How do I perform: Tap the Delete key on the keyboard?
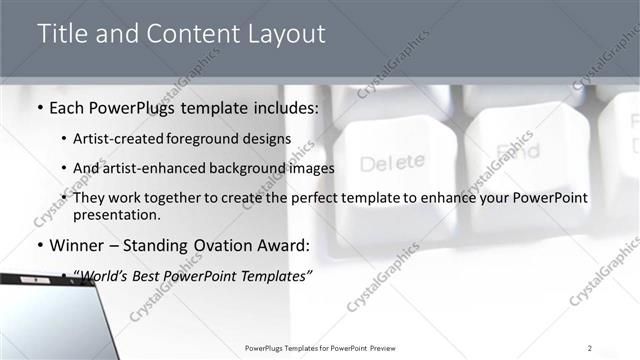coord(392,162)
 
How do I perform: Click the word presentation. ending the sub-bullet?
coord(116,214)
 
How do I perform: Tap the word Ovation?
coord(232,245)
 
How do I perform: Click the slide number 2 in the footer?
coord(590,348)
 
